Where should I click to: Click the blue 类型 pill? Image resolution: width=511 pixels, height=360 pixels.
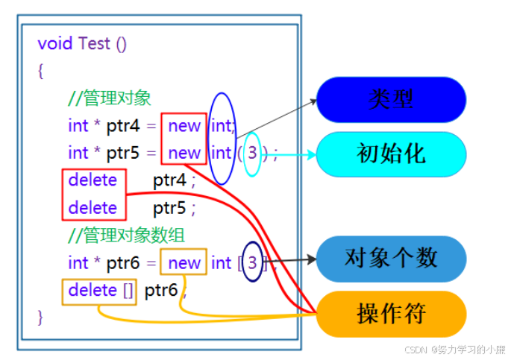click(x=391, y=100)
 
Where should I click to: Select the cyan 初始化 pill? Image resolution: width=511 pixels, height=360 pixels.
click(x=391, y=154)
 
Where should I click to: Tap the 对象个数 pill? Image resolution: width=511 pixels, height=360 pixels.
click(x=391, y=259)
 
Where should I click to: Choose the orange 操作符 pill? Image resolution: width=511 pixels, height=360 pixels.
click(x=391, y=314)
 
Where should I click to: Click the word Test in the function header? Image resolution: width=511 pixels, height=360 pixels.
click(x=94, y=43)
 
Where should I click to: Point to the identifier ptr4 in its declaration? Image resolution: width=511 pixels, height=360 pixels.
click(x=123, y=126)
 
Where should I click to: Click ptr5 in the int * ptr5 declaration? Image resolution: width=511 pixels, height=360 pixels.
click(x=123, y=153)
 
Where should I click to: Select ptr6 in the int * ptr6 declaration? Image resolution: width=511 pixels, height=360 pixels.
click(x=123, y=262)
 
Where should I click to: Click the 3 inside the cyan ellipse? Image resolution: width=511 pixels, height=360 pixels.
click(x=253, y=152)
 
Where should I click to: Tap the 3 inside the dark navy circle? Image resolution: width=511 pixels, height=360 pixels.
click(x=253, y=262)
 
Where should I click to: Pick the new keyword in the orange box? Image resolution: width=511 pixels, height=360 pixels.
click(x=184, y=263)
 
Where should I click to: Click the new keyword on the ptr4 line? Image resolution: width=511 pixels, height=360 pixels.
click(x=184, y=126)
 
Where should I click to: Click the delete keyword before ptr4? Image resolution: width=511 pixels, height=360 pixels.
click(x=93, y=180)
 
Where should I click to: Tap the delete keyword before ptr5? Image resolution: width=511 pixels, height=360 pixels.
click(x=93, y=208)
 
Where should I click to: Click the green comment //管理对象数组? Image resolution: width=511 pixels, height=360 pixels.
click(x=126, y=235)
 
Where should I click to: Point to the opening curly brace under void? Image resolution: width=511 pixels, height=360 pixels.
click(x=40, y=71)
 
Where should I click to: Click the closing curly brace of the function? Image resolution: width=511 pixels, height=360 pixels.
click(x=40, y=318)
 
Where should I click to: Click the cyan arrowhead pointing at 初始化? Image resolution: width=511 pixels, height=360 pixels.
click(x=311, y=154)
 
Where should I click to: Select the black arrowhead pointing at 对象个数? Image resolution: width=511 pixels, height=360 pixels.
click(x=311, y=259)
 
